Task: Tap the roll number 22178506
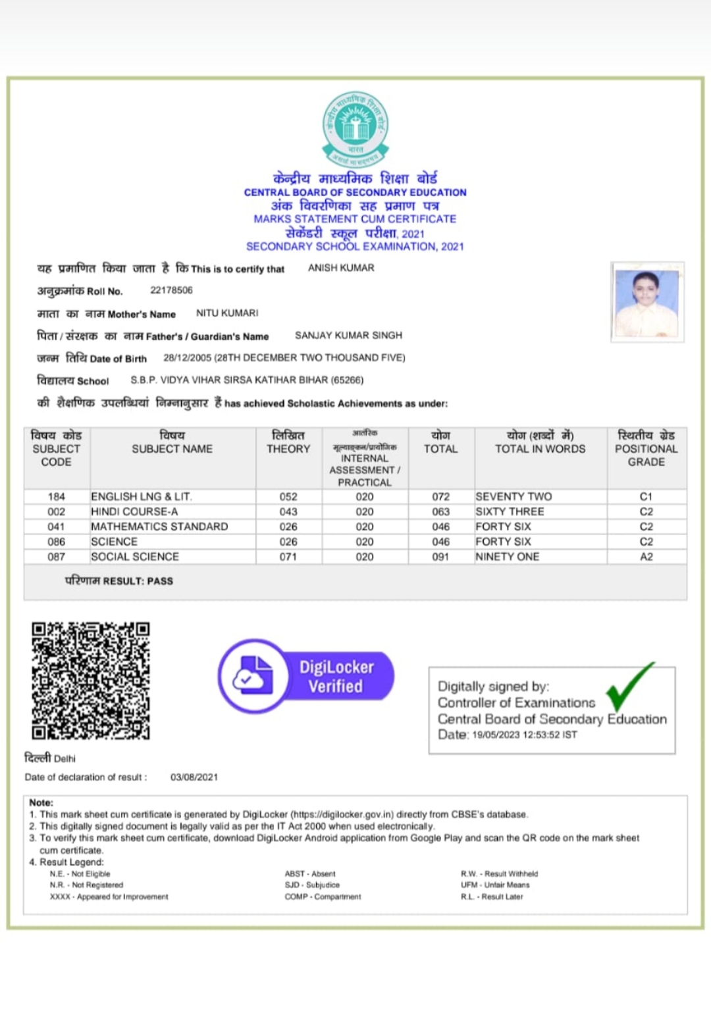tap(171, 290)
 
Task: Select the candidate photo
tap(647, 301)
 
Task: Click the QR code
tap(91, 681)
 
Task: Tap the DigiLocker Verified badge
tap(306, 676)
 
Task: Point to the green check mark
tap(628, 686)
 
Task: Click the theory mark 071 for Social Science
tap(288, 557)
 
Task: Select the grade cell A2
tap(646, 557)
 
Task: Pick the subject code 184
tap(57, 497)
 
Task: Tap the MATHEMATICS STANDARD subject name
tap(159, 527)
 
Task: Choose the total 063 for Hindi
tap(440, 512)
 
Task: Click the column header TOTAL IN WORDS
tap(540, 449)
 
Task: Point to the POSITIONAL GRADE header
tap(646, 449)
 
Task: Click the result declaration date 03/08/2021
tap(194, 777)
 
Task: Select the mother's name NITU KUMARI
tap(227, 313)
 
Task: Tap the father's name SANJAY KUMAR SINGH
tap(348, 336)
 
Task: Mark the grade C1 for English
tap(646, 497)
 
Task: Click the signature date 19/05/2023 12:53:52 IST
tap(524, 735)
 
